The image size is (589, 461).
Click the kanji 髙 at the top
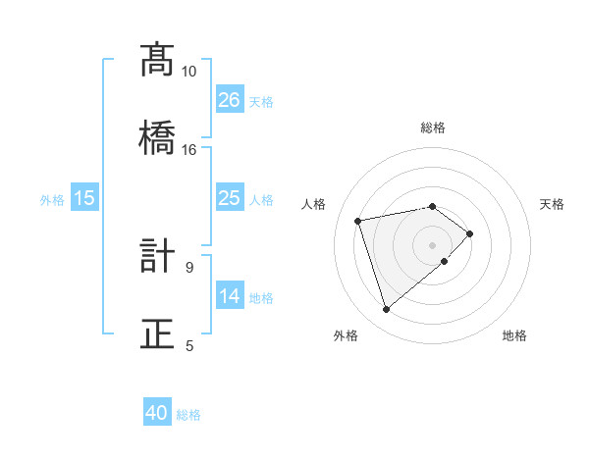tap(158, 61)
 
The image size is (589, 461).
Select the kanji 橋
tap(158, 136)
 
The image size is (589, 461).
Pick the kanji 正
tap(158, 333)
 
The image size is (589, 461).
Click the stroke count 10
tap(189, 72)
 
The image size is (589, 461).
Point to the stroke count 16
tap(189, 149)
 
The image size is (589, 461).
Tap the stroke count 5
tap(189, 345)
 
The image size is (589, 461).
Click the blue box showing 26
tap(229, 100)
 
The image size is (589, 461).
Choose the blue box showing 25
tap(229, 198)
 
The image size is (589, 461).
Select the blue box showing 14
tap(229, 296)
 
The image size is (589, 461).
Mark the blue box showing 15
tap(84, 198)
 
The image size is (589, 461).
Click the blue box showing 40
tap(157, 414)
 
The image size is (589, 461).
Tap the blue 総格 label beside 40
tap(188, 415)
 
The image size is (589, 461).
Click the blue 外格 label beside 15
tap(52, 199)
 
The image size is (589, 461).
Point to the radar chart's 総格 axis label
tap(433, 128)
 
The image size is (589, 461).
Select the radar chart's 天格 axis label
tap(553, 204)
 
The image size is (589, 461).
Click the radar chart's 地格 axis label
tap(514, 335)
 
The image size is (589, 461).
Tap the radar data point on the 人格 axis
tap(359, 220)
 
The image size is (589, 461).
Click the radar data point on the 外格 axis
tap(387, 310)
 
